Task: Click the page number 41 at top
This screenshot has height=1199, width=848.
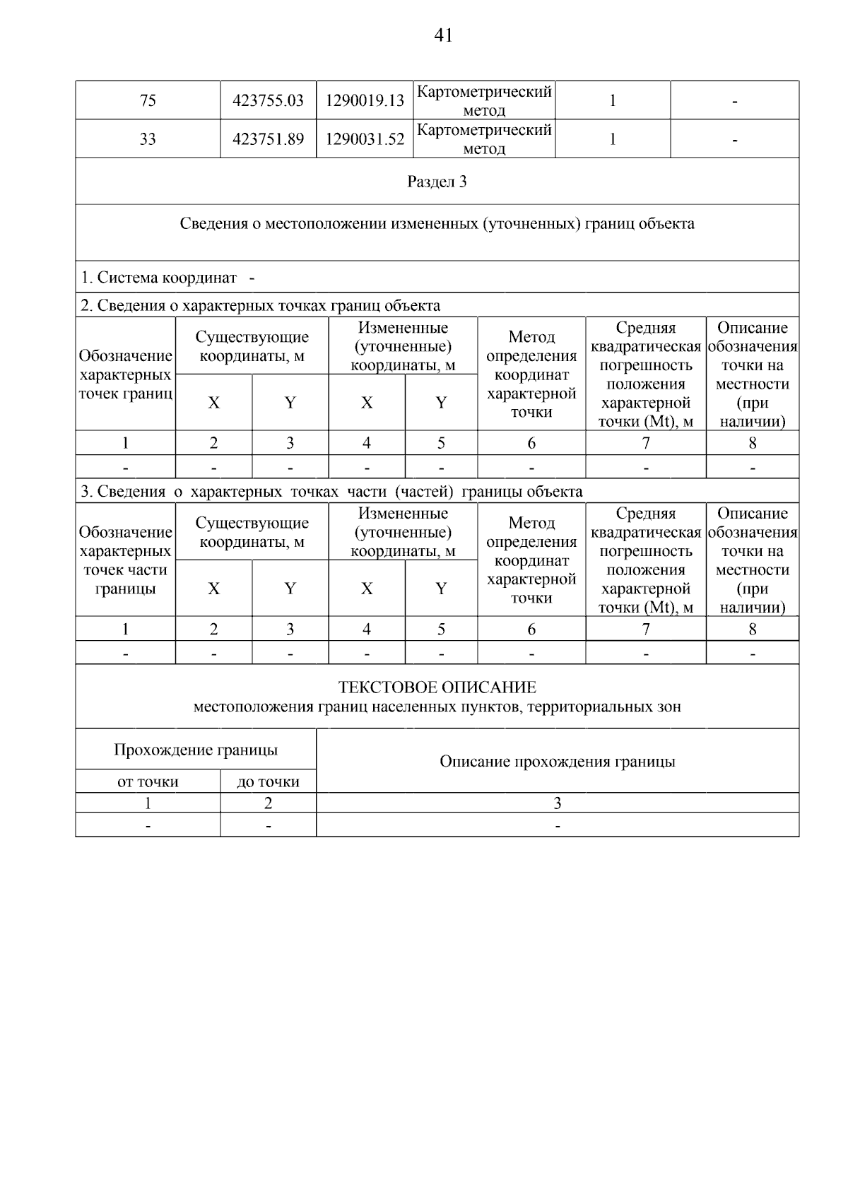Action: click(x=443, y=35)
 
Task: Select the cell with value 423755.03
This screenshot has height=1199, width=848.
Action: click(x=268, y=101)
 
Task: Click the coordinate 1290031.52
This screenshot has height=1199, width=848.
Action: click(x=365, y=139)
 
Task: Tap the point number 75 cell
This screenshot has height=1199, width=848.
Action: click(x=148, y=101)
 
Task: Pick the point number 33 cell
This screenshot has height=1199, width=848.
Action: click(x=148, y=139)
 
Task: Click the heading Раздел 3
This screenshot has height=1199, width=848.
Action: click(x=437, y=182)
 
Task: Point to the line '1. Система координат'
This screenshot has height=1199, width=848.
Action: click(x=158, y=278)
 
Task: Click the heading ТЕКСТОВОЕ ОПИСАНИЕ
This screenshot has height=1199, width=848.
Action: click(x=437, y=687)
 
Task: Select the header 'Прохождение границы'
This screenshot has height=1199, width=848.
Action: click(x=196, y=750)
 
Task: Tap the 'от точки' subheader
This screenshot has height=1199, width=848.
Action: click(x=148, y=782)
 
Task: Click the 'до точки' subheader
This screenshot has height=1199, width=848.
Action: click(x=268, y=782)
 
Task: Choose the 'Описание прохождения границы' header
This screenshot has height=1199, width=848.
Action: click(x=557, y=762)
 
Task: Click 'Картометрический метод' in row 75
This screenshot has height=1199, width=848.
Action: click(x=484, y=101)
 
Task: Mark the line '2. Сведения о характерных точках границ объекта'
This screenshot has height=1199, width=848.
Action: click(x=260, y=306)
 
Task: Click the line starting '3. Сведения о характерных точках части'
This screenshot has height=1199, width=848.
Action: click(x=331, y=492)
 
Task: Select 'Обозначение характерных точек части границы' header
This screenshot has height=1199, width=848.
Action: click(x=125, y=560)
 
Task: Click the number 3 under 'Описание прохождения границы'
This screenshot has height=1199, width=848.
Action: click(x=557, y=803)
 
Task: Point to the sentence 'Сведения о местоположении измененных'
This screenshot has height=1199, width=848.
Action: click(x=437, y=224)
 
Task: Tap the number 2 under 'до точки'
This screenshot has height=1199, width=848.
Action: click(x=268, y=803)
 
